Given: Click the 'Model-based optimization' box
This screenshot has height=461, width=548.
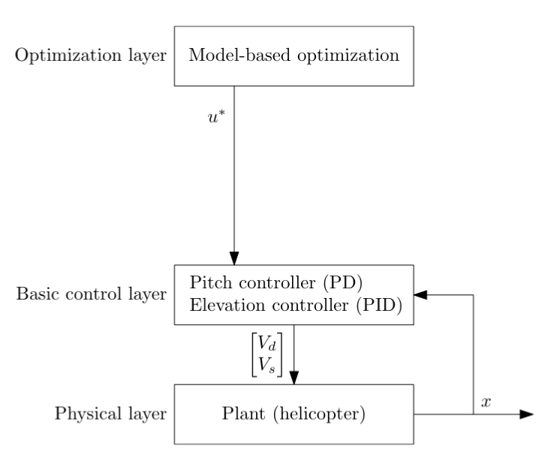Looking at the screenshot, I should point(294,56).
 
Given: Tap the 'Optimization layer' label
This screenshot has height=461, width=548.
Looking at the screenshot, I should point(88,56).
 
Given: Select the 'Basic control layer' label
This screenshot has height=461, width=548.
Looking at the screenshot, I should point(91,294).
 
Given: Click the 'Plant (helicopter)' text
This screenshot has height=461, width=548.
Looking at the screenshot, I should point(293,413).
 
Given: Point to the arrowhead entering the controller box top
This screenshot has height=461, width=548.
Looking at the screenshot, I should point(235,258).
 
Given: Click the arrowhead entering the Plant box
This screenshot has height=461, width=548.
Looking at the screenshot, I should point(294,376).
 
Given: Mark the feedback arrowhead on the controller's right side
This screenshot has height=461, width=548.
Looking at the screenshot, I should point(420,294).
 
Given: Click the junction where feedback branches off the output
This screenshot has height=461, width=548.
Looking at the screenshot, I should point(471,414).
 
